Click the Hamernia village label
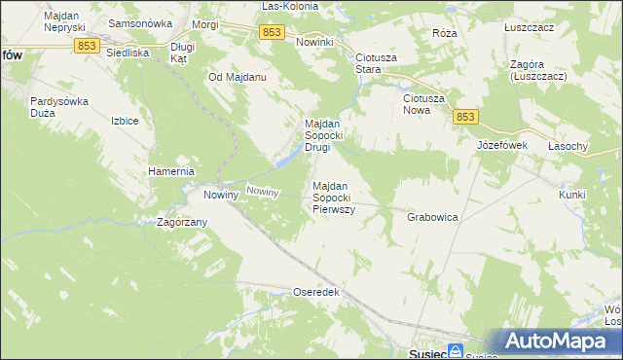(172, 171)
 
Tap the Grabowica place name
(432, 217)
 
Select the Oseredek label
(315, 292)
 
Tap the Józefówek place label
(501, 145)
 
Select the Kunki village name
(572, 195)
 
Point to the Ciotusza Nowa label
(424, 104)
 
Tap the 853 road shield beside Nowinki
(273, 33)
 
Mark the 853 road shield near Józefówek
(464, 117)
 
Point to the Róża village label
(445, 32)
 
